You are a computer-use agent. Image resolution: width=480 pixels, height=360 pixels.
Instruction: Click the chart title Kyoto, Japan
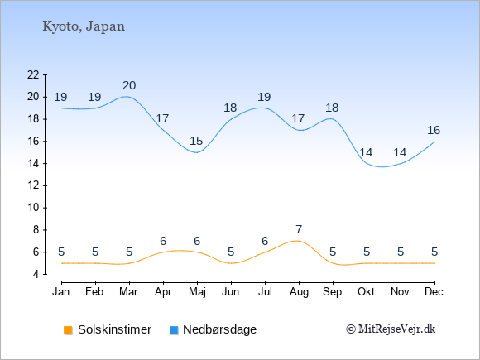pyautogui.click(x=84, y=26)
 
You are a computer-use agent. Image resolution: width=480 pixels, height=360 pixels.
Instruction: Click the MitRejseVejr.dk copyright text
pyautogui.click(x=391, y=329)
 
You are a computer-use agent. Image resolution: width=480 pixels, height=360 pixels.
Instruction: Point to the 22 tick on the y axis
pyautogui.click(x=33, y=74)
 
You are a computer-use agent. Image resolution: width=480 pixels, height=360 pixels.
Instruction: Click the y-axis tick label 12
pyautogui.click(x=33, y=185)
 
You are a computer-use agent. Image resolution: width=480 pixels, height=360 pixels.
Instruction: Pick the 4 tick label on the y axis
pyautogui.click(x=36, y=274)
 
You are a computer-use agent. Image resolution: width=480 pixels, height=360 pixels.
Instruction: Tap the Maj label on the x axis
pyautogui.click(x=197, y=292)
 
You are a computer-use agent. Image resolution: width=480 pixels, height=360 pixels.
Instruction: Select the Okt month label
pyautogui.click(x=366, y=292)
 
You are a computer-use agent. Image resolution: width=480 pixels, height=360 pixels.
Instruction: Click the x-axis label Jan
pyautogui.click(x=61, y=292)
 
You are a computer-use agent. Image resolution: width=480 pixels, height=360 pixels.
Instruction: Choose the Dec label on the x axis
pyautogui.click(x=434, y=292)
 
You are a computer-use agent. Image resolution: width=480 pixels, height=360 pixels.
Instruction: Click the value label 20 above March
pyautogui.click(x=129, y=85)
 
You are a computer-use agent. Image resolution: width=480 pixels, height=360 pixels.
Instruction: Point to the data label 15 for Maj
pyautogui.click(x=196, y=142)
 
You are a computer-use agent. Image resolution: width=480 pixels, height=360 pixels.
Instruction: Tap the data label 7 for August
pyautogui.click(x=299, y=229)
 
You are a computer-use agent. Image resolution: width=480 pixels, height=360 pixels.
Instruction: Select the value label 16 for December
pyautogui.click(x=434, y=131)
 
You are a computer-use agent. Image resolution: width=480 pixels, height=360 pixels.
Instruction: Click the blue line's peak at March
pyautogui.click(x=127, y=97)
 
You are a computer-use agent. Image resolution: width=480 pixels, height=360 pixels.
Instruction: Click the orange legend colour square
pyautogui.click(x=68, y=330)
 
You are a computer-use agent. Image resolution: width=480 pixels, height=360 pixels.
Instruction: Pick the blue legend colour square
pyautogui.click(x=174, y=330)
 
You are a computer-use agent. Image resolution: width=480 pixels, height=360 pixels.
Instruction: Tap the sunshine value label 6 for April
pyautogui.click(x=163, y=241)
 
